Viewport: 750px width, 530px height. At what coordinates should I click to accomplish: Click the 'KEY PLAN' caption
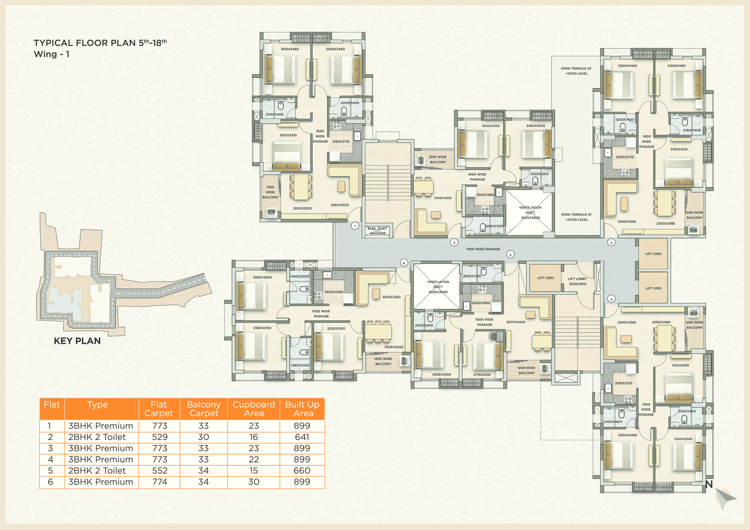click(77, 341)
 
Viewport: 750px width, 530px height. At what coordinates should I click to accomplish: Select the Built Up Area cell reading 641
click(302, 437)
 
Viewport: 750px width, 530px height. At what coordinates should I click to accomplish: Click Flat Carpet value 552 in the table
click(159, 470)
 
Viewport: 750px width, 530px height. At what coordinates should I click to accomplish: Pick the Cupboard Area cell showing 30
click(254, 482)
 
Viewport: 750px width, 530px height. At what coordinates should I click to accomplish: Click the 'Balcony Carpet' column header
click(203, 409)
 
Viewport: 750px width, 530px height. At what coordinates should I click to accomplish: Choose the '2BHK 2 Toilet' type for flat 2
click(97, 437)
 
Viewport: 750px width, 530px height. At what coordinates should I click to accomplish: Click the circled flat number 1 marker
click(355, 226)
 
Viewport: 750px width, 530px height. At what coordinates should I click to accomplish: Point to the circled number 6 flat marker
click(404, 263)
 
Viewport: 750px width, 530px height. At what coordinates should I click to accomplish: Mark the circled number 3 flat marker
click(611, 242)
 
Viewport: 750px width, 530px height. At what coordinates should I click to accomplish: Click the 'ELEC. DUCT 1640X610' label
click(377, 231)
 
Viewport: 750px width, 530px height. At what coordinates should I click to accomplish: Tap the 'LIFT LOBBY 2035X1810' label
click(577, 281)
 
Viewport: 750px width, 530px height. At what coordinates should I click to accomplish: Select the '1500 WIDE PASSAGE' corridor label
click(483, 249)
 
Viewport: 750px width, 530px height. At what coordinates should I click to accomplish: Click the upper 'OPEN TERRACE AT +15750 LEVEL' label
click(576, 71)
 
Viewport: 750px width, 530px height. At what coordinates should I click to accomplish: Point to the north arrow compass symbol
click(724, 498)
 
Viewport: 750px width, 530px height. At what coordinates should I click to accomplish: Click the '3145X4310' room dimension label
click(442, 198)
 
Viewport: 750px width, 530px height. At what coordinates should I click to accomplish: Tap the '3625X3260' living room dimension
click(391, 297)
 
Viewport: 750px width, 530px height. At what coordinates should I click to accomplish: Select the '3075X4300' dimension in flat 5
click(516, 322)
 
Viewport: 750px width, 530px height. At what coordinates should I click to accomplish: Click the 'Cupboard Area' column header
click(254, 409)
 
